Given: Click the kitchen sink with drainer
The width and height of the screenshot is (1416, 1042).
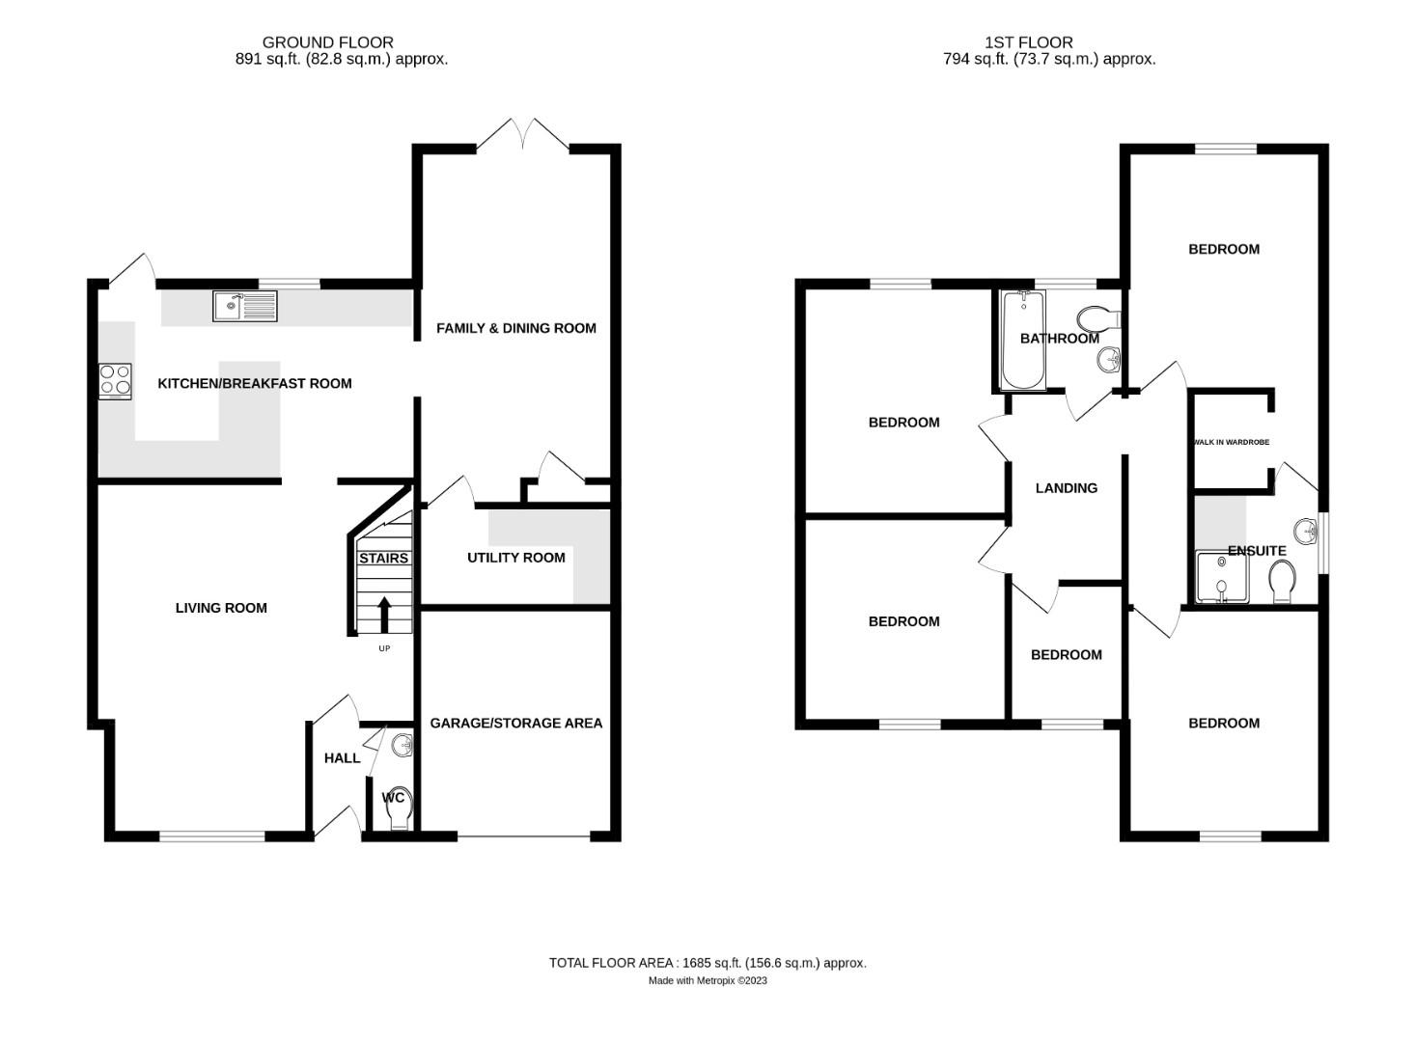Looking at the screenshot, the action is tap(245, 307).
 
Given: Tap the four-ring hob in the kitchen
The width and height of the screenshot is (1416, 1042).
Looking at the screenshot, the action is tap(115, 382).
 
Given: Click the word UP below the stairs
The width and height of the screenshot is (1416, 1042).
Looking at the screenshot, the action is tap(384, 648).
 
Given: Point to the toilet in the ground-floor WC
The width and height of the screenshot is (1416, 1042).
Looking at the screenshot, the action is tap(400, 810).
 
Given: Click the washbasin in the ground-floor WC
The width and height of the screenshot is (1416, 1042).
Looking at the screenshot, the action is tap(402, 746).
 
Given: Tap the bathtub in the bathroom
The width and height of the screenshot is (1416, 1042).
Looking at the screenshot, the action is tap(1023, 340).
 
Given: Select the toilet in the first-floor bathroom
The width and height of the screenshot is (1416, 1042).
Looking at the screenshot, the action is tap(1098, 318).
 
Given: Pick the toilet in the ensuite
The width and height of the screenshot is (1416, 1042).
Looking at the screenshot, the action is tap(1282, 582).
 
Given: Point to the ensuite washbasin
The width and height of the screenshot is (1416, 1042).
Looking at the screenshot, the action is tap(1306, 531).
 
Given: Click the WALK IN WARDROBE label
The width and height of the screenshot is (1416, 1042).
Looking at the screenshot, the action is tap(1232, 442).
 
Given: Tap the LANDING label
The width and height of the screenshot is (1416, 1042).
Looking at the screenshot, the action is tap(1067, 488).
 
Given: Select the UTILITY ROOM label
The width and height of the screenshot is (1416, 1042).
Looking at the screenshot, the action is tap(515, 558).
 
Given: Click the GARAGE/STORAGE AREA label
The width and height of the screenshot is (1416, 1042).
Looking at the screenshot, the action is tap(515, 723).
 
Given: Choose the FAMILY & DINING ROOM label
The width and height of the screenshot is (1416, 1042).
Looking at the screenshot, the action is tap(515, 328).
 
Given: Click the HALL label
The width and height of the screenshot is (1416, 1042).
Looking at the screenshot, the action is tap(342, 758).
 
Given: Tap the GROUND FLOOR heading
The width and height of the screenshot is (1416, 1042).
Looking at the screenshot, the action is tap(327, 42).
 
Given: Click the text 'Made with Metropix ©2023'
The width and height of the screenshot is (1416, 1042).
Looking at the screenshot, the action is tap(708, 980).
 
